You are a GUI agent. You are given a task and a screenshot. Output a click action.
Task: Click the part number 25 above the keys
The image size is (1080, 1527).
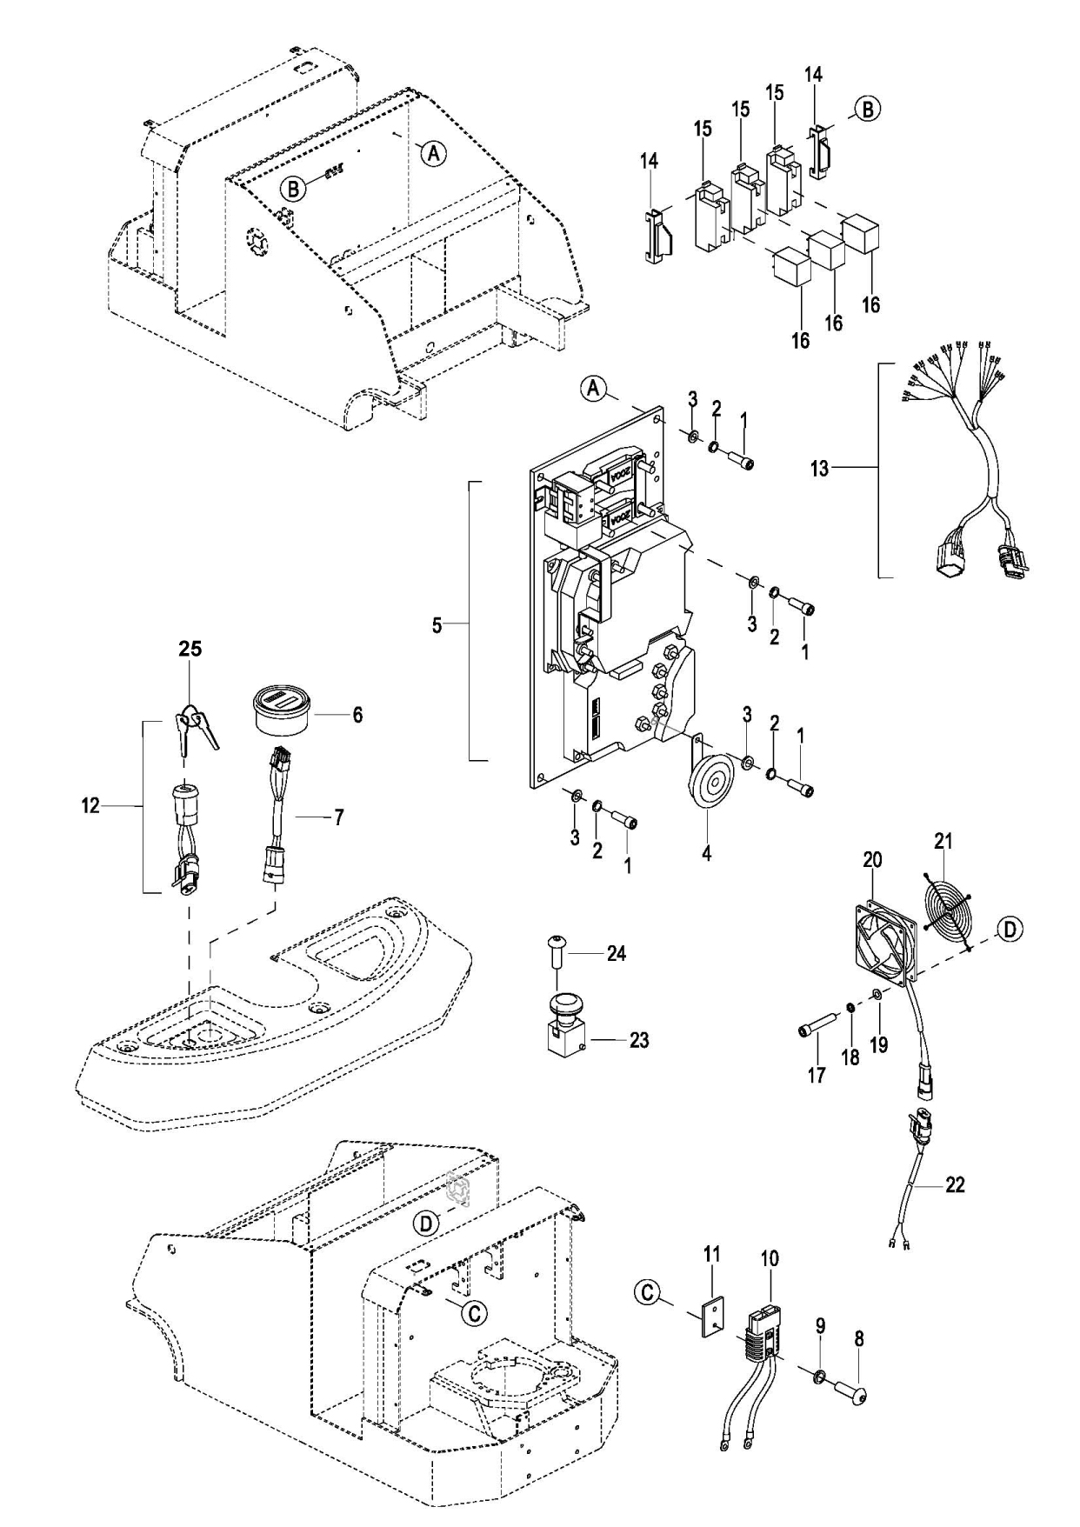click(x=190, y=649)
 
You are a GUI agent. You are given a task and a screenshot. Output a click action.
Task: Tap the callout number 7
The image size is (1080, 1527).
click(x=338, y=817)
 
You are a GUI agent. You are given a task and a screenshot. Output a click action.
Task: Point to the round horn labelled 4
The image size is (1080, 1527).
click(x=706, y=784)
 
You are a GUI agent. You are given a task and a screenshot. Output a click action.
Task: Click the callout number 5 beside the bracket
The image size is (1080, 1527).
click(x=437, y=624)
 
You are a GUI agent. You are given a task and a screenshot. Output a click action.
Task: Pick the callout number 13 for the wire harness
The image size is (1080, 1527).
click(x=819, y=468)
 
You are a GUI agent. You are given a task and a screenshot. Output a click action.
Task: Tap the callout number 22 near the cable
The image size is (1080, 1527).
click(x=954, y=1184)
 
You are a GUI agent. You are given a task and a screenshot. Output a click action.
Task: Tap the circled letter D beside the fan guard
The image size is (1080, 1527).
click(x=1008, y=929)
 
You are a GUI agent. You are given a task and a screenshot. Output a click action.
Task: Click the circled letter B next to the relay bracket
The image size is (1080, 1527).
click(x=867, y=110)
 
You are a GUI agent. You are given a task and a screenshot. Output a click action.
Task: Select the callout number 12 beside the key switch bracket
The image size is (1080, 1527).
click(x=90, y=806)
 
